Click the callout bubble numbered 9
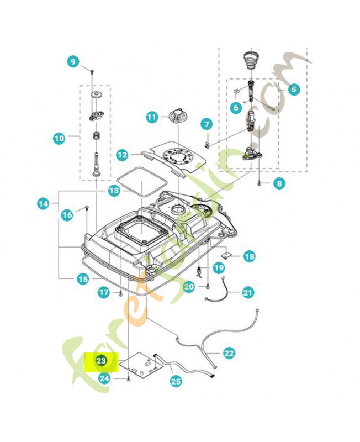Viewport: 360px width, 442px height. tap(73, 62)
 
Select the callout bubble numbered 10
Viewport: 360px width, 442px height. tap(59, 136)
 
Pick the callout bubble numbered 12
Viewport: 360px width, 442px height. tap(123, 156)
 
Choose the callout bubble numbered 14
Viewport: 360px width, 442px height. tap(44, 204)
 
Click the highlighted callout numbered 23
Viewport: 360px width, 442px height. tap(101, 361)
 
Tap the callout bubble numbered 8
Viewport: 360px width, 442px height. tap(278, 183)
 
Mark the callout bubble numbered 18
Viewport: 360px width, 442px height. tap(249, 256)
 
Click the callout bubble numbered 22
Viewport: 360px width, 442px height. tap(229, 352)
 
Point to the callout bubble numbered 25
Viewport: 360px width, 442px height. tap(176, 380)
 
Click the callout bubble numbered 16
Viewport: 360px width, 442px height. tap(67, 214)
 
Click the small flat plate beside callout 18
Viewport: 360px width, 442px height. tap(226, 255)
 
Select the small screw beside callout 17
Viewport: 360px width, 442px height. tap(119, 293)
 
